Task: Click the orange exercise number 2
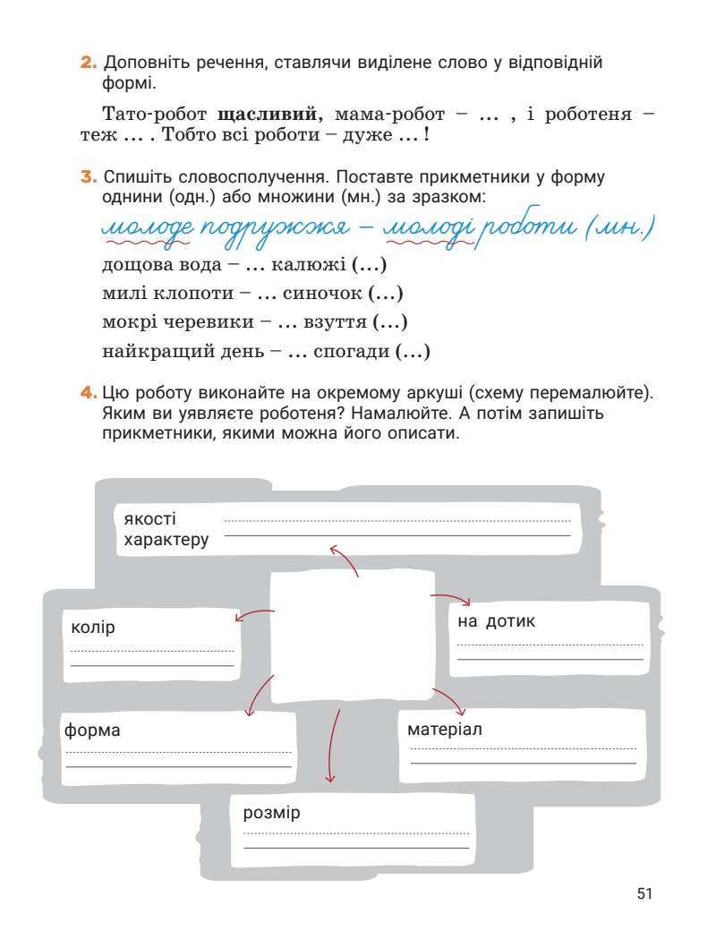88,64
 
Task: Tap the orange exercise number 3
88,177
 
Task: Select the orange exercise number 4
88,393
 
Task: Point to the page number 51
645,893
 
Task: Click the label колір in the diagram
93,627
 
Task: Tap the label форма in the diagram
92,730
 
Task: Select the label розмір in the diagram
271,813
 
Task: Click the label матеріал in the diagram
445,729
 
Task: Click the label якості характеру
166,529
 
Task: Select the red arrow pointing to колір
254,614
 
